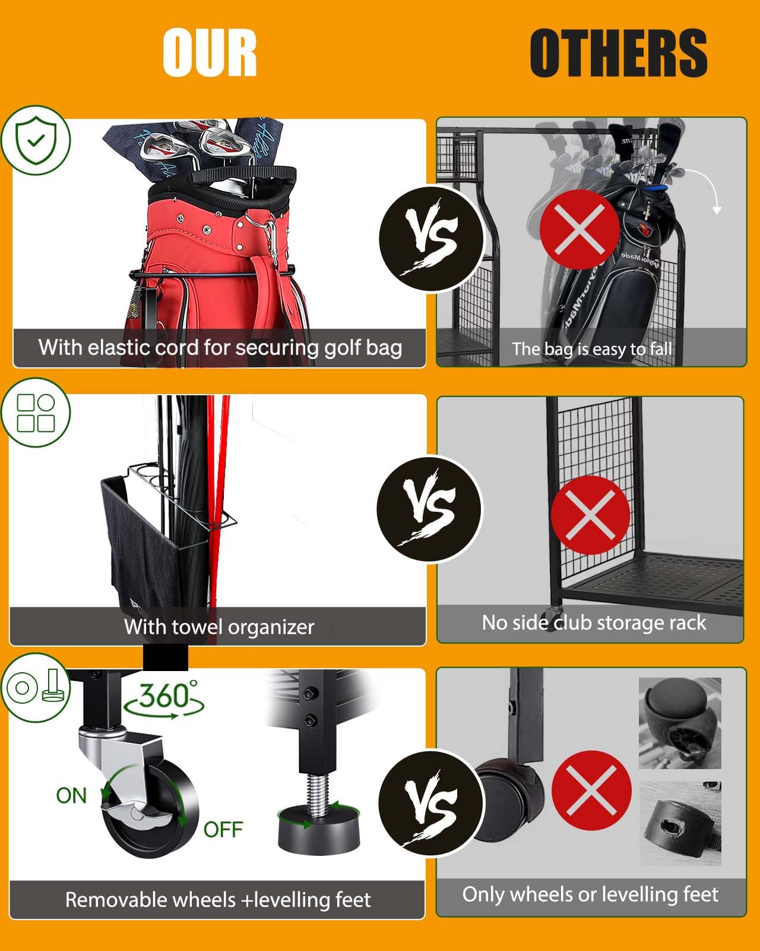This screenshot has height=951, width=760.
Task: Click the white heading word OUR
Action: (210, 53)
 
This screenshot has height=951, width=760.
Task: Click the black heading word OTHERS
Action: (618, 53)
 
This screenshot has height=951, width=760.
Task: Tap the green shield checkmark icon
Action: (36, 140)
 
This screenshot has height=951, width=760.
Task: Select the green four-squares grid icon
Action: (36, 412)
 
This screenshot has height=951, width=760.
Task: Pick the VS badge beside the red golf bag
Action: (432, 238)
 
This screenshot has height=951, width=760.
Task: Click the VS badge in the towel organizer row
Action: (429, 509)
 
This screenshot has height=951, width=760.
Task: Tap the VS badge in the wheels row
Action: (432, 803)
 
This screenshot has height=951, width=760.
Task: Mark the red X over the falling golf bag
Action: (579, 230)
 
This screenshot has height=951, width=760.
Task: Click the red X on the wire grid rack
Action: (590, 515)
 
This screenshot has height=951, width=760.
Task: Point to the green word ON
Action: (71, 796)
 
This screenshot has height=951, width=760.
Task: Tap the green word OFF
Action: (223, 829)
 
